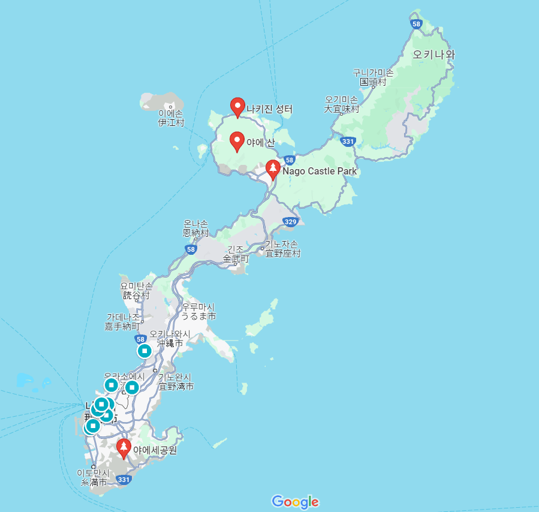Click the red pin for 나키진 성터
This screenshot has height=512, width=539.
pos(237,107)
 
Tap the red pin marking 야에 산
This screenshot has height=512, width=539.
pos(237,141)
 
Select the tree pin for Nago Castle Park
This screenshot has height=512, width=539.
pos(273,170)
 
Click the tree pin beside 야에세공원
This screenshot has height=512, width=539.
pos(124,448)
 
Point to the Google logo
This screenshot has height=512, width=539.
pos(295,501)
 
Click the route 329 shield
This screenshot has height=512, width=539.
pos(290,222)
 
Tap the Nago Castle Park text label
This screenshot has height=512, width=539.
pos(320,171)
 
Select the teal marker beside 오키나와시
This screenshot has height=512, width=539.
pos(144,351)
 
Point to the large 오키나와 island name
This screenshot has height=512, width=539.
pos(434,55)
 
